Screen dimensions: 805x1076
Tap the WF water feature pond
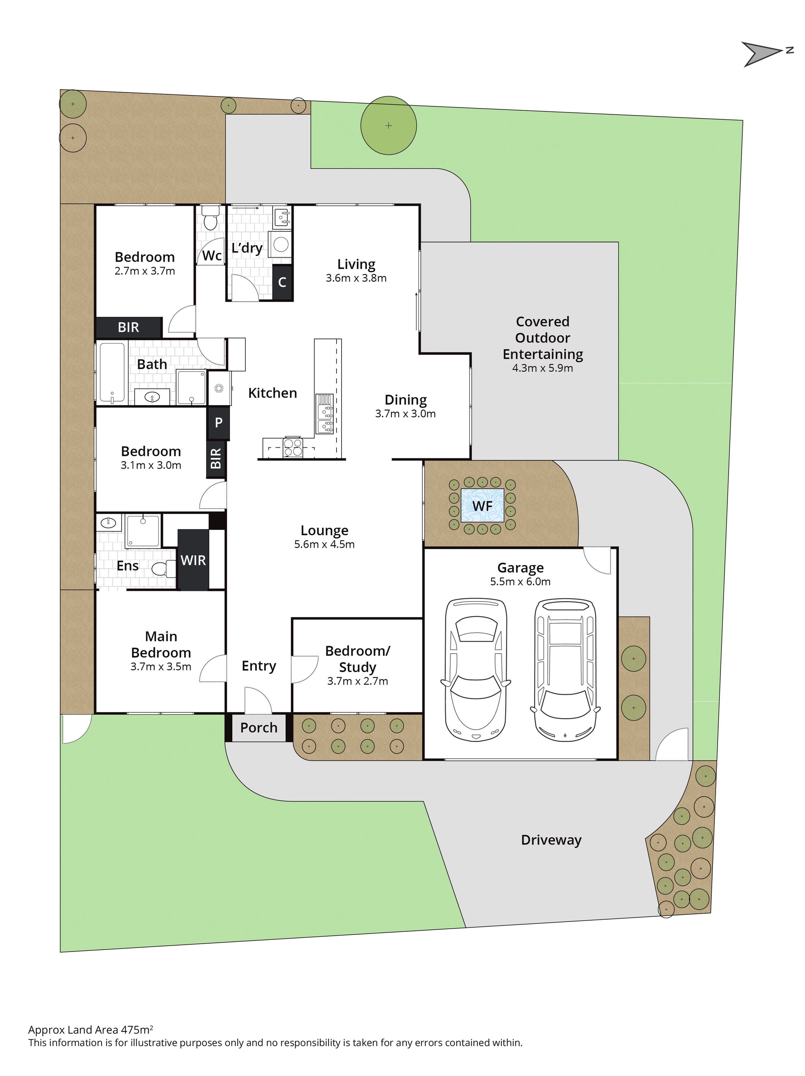[x=482, y=506]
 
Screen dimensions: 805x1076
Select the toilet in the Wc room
[x=210, y=218]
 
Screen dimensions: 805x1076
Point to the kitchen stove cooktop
[x=292, y=447]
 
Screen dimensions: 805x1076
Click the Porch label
[x=259, y=728]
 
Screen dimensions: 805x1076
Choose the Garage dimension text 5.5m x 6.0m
[x=520, y=581]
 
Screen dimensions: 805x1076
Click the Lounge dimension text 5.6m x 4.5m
[x=324, y=544]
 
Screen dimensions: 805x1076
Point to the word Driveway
[x=551, y=840]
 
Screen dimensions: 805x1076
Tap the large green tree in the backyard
[x=388, y=125]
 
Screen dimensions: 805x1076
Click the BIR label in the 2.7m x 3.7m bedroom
[x=128, y=327]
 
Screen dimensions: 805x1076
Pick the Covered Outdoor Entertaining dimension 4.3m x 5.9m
[x=542, y=368]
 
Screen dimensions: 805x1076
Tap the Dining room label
[x=406, y=400]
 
